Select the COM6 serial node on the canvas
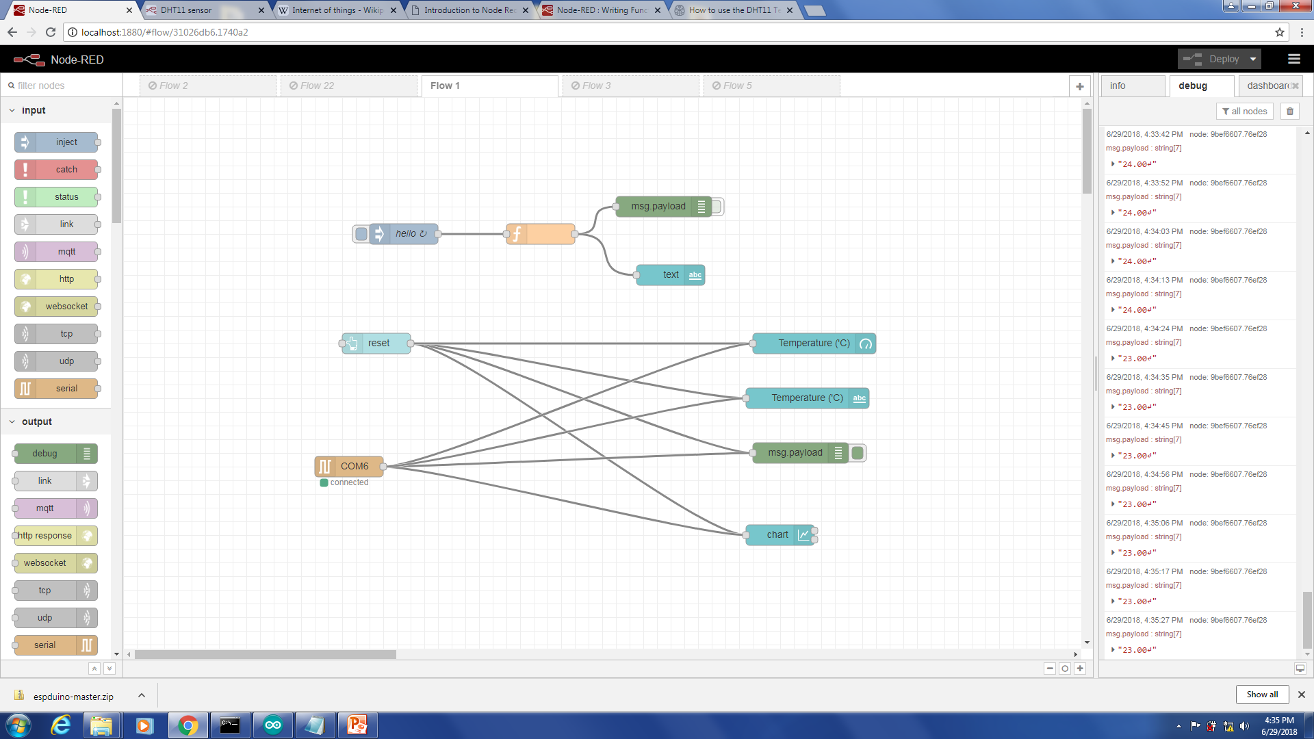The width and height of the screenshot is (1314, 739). tap(350, 466)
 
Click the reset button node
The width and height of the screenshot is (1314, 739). tap(377, 343)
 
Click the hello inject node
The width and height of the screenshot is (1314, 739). tap(404, 233)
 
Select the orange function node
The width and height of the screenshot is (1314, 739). tap(541, 233)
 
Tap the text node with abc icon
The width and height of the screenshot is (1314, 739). tap(670, 274)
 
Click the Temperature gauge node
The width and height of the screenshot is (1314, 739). tap(813, 343)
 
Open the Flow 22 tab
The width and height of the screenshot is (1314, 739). tap(317, 86)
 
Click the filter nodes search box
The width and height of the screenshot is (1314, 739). tap(62, 86)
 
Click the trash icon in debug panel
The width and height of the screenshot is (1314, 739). tap(1290, 111)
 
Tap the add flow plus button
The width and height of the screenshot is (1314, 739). tap(1079, 86)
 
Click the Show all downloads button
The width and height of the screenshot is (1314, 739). tap(1262, 694)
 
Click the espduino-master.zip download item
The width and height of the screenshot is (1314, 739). tap(73, 697)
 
